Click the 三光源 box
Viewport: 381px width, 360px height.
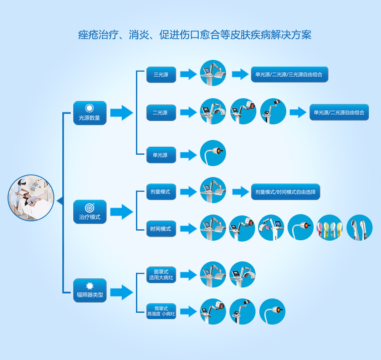(x=161, y=75)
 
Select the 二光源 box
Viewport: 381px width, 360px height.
(x=161, y=113)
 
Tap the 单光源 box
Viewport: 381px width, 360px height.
(x=161, y=155)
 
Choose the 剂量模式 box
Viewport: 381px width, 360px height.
(x=161, y=192)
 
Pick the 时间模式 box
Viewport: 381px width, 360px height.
(x=161, y=228)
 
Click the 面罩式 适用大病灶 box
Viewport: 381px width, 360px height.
(x=161, y=274)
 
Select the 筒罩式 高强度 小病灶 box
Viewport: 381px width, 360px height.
(x=161, y=312)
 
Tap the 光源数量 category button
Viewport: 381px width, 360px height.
(x=90, y=113)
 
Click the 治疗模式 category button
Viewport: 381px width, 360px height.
(x=90, y=212)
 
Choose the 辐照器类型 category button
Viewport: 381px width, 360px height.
(x=90, y=290)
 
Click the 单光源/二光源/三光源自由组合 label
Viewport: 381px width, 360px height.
(x=289, y=75)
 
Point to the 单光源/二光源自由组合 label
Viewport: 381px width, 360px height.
(x=339, y=113)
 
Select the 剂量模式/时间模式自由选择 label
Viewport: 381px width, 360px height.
(x=285, y=192)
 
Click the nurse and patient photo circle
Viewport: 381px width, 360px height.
(x=31, y=198)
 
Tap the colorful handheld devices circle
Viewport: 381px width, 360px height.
(x=330, y=228)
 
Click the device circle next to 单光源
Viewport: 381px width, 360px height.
(x=213, y=153)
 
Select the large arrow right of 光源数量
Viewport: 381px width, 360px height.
(x=122, y=113)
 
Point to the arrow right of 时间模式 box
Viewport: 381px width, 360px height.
(x=188, y=228)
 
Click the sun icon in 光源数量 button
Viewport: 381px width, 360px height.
(x=89, y=108)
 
